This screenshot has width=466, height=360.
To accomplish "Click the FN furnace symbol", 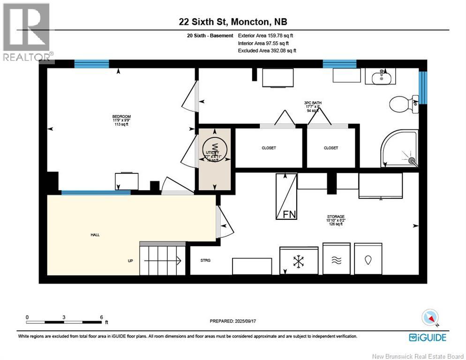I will (286, 196).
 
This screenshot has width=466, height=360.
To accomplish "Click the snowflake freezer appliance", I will (299, 261).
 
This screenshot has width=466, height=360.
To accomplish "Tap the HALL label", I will (95, 235).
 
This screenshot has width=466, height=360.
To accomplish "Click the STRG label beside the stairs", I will (205, 260).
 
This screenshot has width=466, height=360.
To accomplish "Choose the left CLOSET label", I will (269, 148).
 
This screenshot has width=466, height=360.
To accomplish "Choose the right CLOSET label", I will (331, 148).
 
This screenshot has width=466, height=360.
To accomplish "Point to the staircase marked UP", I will (160, 259).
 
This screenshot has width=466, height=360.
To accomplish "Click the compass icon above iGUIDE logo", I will (430, 317).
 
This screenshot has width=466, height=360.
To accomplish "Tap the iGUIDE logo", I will (427, 337).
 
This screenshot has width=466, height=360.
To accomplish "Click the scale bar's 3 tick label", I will (64, 317).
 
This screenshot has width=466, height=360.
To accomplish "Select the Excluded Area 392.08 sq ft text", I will (267, 50).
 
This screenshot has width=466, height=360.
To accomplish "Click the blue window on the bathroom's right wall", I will (423, 87).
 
